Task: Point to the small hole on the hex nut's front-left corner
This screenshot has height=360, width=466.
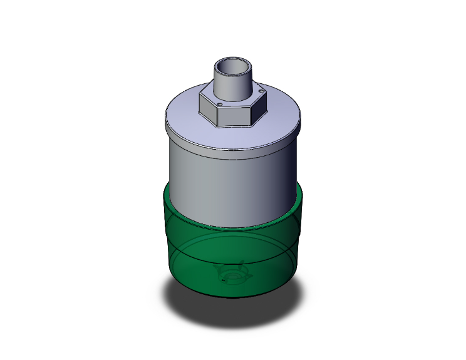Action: coord(220,104)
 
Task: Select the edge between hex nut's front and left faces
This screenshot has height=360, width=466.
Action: coord(215,115)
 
